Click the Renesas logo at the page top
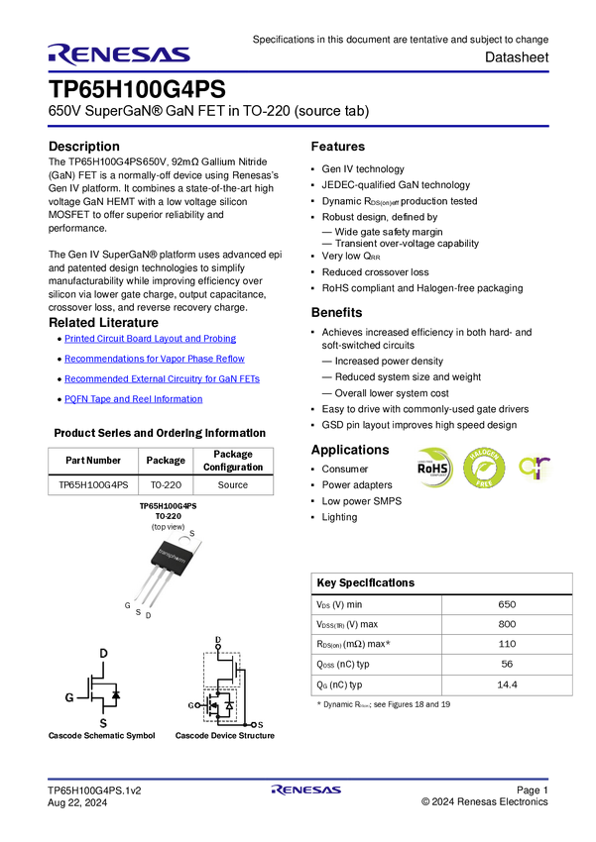pyautogui.click(x=119, y=53)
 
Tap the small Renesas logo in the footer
pyautogui.click(x=306, y=790)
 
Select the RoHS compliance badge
pyautogui.click(x=434, y=468)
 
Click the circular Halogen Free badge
pyautogui.click(x=484, y=468)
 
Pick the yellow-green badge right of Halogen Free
pyautogui.click(x=536, y=468)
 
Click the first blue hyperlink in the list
pyautogui.click(x=151, y=338)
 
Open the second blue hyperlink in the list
pyautogui.click(x=154, y=358)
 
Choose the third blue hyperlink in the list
pyautogui.click(x=162, y=377)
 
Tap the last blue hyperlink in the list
pyautogui.click(x=133, y=398)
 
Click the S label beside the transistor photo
pyautogui.click(x=191, y=534)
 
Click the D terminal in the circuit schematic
pyautogui.click(x=217, y=641)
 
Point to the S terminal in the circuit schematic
pyautogui.click(x=260, y=726)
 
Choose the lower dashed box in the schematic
pyautogui.click(x=220, y=706)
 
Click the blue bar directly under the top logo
pyautogui.click(x=298, y=71)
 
